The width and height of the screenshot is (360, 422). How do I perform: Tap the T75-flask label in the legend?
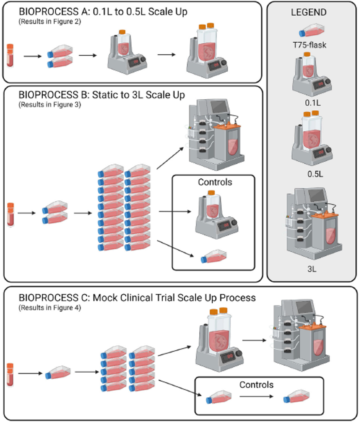(x=312, y=45)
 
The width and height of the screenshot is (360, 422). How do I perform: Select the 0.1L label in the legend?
(x=312, y=103)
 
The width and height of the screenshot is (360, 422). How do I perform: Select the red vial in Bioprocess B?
(x=10, y=214)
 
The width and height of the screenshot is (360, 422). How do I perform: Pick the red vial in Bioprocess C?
(x=10, y=373)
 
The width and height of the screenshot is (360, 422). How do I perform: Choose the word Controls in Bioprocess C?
(x=257, y=384)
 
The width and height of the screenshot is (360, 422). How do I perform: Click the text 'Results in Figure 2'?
(x=50, y=22)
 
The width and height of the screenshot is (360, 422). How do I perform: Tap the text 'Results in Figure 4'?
(x=50, y=308)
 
